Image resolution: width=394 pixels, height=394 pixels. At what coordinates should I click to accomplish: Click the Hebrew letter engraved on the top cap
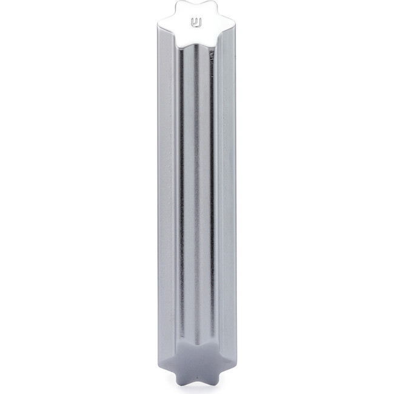pyautogui.click(x=196, y=24)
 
